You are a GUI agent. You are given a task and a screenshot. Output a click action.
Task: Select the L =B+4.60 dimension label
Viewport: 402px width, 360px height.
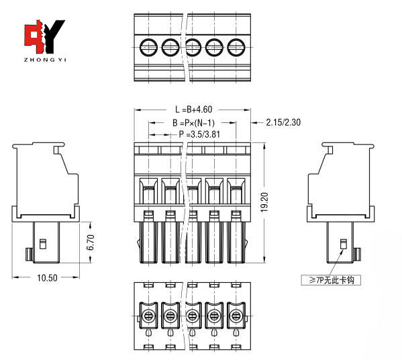coord(193,109)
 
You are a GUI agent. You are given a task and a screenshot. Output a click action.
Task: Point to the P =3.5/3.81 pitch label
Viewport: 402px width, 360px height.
coord(200,134)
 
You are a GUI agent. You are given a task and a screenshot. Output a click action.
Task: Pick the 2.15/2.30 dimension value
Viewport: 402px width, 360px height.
coord(283,122)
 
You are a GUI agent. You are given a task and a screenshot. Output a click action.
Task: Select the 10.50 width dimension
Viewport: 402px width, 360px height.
coord(47,277)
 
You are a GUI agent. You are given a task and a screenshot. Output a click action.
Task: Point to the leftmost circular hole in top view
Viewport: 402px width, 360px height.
coord(148,48)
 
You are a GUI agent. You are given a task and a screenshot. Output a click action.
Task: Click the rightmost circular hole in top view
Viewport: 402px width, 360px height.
coord(236,48)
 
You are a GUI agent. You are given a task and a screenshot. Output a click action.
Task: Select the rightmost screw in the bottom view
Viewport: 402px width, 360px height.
coord(236,314)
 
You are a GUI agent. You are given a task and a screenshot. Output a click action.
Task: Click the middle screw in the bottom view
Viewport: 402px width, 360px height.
coord(193,314)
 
